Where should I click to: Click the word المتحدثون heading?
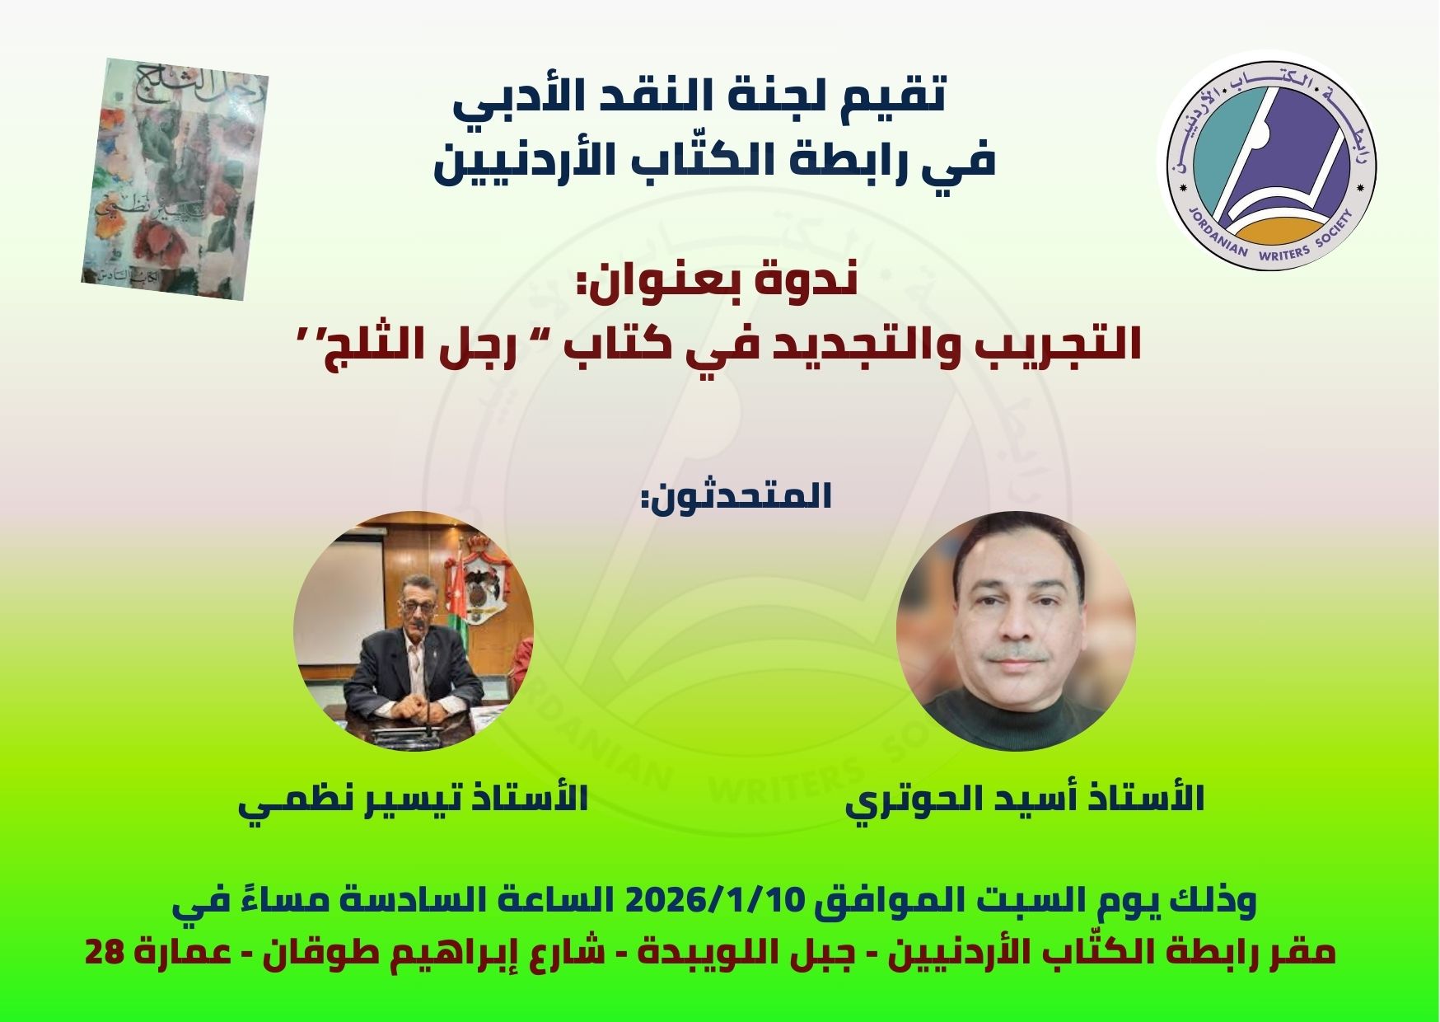tap(736, 498)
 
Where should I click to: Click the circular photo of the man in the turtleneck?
tap(1016, 631)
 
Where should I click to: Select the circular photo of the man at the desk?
tap(414, 631)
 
